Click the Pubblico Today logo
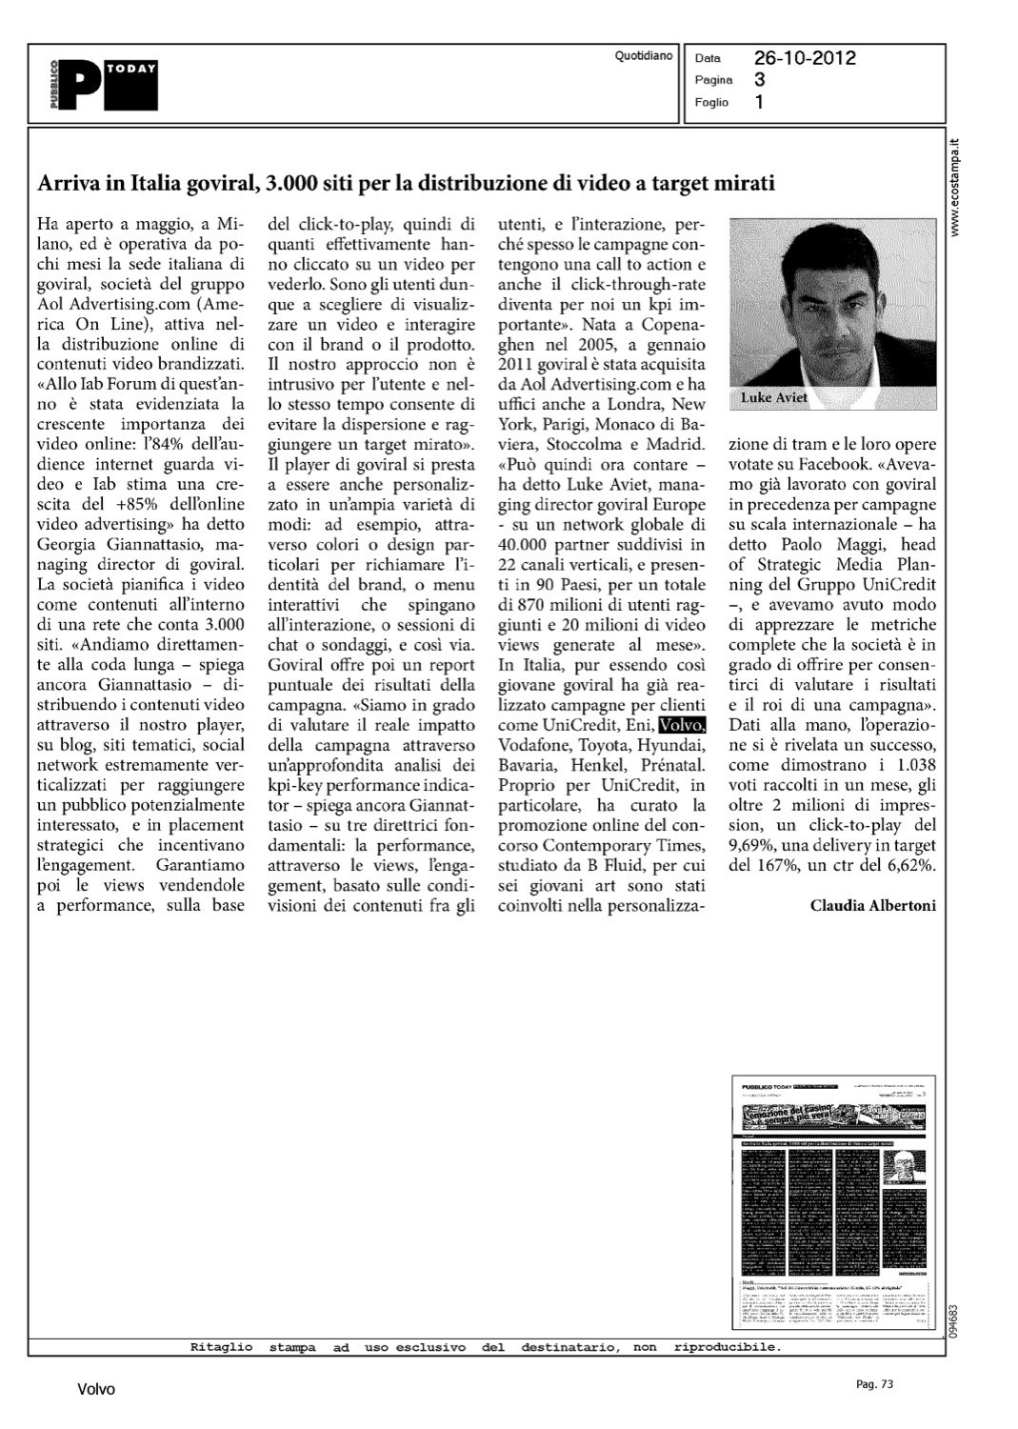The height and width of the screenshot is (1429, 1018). pos(105,84)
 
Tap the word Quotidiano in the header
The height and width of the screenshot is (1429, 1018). pos(644,56)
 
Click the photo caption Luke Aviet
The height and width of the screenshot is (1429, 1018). pos(775,398)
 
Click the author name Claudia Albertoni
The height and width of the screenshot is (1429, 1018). pos(872,905)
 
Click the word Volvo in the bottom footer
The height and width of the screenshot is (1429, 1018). pos(96,1390)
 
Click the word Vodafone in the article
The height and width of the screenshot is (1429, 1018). pos(535,745)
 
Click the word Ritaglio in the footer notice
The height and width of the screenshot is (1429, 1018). pos(221,1347)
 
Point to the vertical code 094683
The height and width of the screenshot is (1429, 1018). pos(953,1319)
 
